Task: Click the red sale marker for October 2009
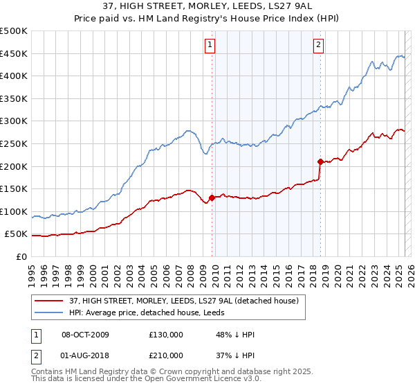(212, 197)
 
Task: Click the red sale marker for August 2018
(320, 161)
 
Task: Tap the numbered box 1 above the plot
(210, 46)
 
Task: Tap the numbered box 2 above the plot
(318, 46)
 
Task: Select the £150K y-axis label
(15, 188)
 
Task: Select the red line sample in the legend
(48, 301)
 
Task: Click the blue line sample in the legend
(48, 312)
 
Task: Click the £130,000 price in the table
(166, 335)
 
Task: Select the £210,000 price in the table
(166, 355)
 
